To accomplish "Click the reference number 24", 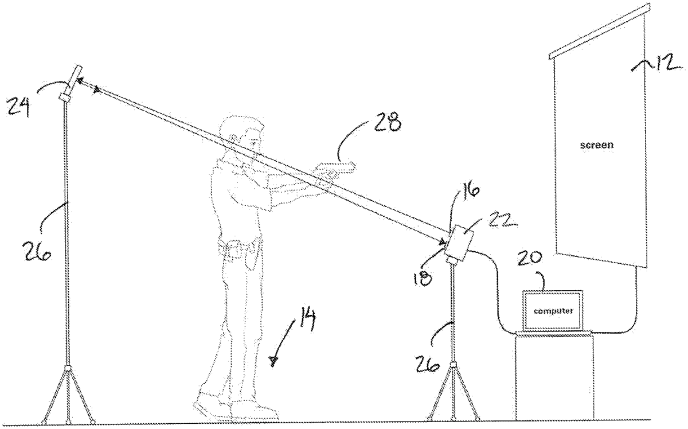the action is point(18,106).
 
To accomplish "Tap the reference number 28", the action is point(388,122).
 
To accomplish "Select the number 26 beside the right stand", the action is point(427,364).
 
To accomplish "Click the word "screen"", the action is point(596,145).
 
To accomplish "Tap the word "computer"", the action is point(553,311).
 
